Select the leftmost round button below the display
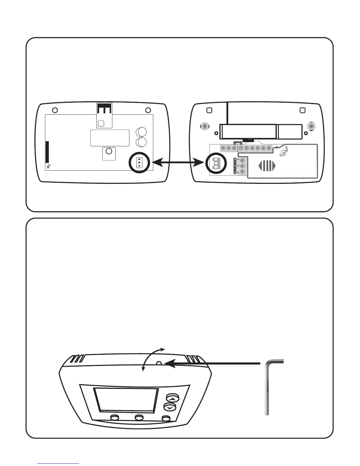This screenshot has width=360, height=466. [x=114, y=417]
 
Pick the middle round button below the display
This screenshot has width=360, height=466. [x=139, y=418]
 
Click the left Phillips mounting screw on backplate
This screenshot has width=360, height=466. [x=205, y=127]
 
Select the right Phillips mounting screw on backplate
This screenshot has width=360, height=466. [x=311, y=127]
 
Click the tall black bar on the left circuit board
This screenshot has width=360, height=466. [x=47, y=152]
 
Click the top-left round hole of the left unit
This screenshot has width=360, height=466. [x=54, y=110]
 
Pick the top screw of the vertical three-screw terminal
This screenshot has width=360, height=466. [x=243, y=161]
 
